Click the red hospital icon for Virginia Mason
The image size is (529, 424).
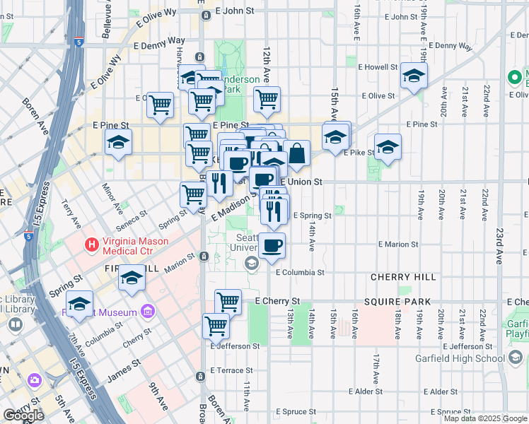(91, 245)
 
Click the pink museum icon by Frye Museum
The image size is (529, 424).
(147, 311)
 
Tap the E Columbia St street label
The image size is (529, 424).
(300, 271)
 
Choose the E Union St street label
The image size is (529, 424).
(301, 182)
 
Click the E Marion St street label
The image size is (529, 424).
(399, 244)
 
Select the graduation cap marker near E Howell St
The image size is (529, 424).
(414, 76)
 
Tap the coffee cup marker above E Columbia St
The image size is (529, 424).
(272, 246)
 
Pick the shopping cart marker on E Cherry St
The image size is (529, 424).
(228, 302)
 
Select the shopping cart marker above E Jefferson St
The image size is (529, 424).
(216, 326)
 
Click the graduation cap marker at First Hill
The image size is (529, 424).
(131, 279)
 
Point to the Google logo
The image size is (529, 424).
(23, 416)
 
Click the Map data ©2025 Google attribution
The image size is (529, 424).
(484, 418)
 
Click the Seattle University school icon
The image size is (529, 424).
(250, 264)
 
